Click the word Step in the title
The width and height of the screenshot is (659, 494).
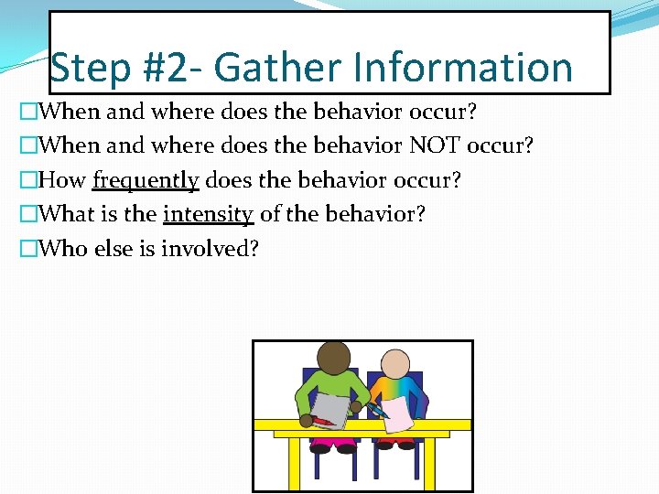[87, 68]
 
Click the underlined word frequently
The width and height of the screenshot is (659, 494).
[146, 180]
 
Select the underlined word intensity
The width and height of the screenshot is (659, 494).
[208, 215]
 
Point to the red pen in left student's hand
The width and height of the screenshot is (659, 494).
[323, 420]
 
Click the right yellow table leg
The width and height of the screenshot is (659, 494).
[455, 462]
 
